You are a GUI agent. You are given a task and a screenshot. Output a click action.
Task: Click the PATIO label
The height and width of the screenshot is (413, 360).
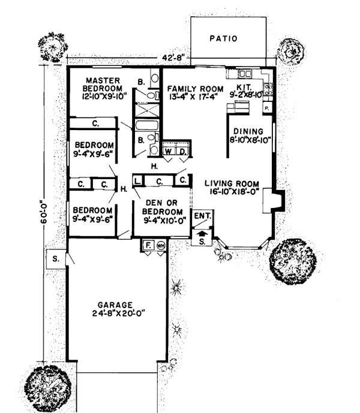pyautogui.click(x=224, y=38)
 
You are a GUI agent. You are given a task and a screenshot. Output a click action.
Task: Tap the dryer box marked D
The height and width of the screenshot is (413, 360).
pyautogui.click(x=183, y=152)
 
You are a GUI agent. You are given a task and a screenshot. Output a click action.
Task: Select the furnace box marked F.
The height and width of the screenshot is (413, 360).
pyautogui.click(x=148, y=245)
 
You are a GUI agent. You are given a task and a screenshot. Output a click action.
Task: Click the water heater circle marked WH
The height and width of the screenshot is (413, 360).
pyautogui.click(x=160, y=245)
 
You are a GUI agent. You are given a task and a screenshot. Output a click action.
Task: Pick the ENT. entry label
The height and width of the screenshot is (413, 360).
pyautogui.click(x=201, y=214)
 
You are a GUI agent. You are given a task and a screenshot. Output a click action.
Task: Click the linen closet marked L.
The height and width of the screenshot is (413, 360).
pyautogui.click(x=137, y=180)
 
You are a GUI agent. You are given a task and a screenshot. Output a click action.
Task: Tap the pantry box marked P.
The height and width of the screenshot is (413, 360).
pyautogui.click(x=266, y=107)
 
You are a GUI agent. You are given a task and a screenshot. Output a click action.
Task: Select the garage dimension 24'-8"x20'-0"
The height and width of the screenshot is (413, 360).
pyautogui.click(x=119, y=313)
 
